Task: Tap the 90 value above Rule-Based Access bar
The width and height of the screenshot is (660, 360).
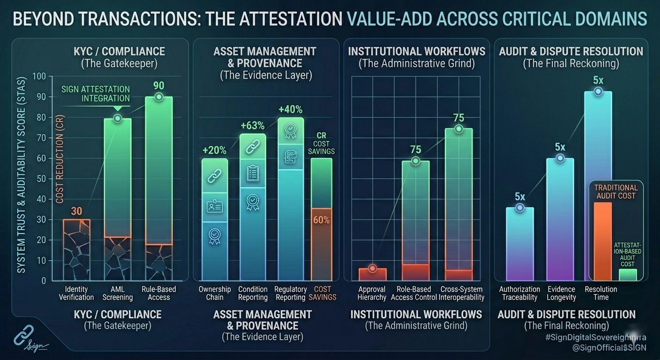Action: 159,86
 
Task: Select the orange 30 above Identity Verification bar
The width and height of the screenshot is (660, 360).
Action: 76,211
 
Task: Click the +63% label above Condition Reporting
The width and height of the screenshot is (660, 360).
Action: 253,126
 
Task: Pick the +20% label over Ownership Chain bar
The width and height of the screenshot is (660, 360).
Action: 214,150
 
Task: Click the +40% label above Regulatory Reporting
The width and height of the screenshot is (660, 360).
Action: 290,110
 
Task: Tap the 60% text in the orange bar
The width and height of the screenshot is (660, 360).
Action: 321,220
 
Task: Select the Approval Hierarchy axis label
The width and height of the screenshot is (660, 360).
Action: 372,293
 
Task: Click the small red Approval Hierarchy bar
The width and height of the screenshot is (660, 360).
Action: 373,274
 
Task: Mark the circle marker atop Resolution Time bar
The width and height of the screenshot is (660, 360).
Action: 598,91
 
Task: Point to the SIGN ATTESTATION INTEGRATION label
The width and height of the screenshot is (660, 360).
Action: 96,94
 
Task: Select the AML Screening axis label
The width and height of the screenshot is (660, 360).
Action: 118,293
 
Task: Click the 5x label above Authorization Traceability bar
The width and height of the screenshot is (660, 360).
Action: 520,196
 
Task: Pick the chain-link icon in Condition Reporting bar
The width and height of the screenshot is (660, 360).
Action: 253,146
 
